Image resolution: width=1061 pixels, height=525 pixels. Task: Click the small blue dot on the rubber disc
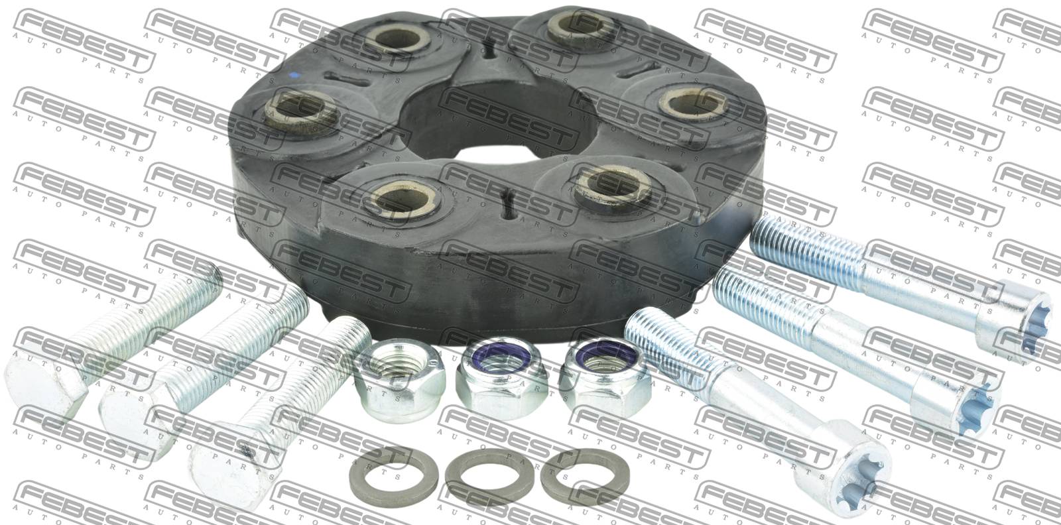coord(295,74)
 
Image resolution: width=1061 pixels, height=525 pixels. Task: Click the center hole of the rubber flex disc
coord(497,124)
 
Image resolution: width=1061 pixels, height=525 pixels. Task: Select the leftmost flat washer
coord(387,477)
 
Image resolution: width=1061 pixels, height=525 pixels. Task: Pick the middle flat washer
coord(483,477)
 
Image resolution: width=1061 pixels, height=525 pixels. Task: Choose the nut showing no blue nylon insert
coord(399,380)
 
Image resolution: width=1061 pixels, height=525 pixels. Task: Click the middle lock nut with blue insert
coord(502,378)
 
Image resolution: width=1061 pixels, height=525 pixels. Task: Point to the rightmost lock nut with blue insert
coord(605,377)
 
